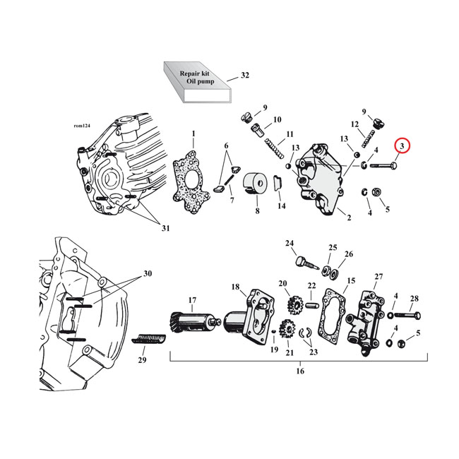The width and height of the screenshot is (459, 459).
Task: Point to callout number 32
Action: click(x=245, y=75)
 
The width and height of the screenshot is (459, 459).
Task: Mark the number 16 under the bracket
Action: click(x=299, y=371)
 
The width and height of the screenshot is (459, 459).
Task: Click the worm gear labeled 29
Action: click(x=149, y=341)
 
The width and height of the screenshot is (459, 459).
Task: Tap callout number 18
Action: click(x=235, y=287)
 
